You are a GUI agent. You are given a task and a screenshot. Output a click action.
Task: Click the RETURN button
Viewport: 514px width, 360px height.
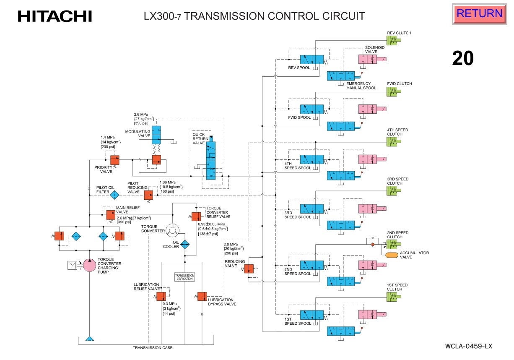click(479, 14)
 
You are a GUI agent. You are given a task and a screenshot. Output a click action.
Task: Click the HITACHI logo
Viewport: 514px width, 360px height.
click(55, 16)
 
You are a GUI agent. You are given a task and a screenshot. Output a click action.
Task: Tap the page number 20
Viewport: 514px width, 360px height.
click(462, 58)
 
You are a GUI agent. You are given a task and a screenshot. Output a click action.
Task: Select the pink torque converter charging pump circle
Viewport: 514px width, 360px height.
click(89, 265)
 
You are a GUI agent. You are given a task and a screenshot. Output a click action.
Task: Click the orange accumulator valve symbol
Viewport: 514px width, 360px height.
click(391, 255)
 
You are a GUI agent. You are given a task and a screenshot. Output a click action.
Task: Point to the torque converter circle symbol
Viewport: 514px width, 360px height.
click(172, 229)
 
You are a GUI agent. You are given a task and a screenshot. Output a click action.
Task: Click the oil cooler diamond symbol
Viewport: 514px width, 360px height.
click(185, 245)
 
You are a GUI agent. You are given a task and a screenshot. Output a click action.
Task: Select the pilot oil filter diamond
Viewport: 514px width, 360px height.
click(114, 195)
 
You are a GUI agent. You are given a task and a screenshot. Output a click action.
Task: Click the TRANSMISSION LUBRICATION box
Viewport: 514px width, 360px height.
click(184, 277)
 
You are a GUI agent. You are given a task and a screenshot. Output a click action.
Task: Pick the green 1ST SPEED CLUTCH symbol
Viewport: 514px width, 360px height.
click(393, 296)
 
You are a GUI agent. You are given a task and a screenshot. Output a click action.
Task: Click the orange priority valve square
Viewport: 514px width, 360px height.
click(114, 160)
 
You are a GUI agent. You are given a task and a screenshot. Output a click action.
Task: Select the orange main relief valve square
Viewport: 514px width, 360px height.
click(110, 214)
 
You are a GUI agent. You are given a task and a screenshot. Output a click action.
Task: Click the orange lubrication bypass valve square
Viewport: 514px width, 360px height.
click(202, 296)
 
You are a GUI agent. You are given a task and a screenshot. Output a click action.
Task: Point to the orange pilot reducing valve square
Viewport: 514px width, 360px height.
click(148, 195)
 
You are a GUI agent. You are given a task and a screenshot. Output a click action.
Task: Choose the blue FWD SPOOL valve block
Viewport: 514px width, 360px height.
click(312, 110)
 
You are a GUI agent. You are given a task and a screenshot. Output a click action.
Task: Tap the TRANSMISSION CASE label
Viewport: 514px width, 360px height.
click(153, 348)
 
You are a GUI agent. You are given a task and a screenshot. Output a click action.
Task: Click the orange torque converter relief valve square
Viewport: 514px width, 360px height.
click(196, 217)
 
